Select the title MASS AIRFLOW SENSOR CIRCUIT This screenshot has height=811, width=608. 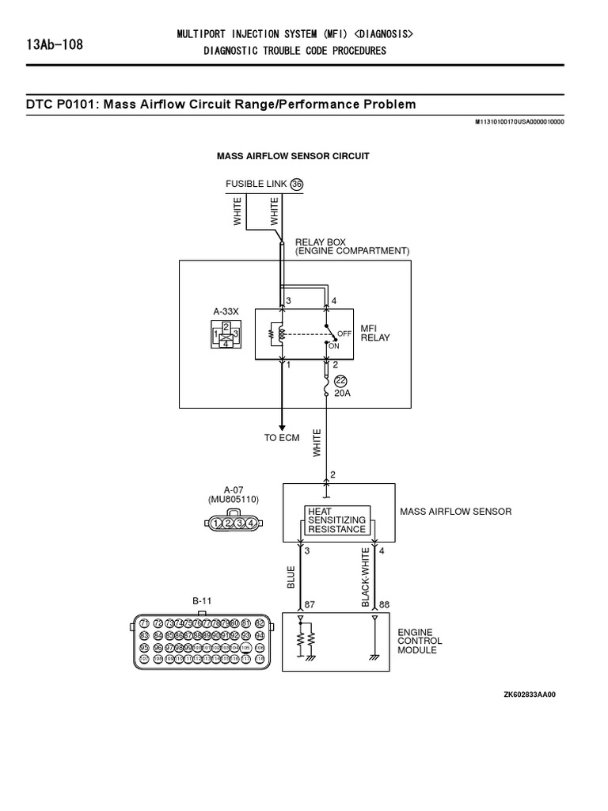tap(293, 156)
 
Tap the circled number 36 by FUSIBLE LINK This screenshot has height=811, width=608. tap(297, 184)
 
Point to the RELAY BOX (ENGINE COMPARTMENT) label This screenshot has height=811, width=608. tap(351, 246)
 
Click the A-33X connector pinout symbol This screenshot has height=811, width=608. tap(226, 335)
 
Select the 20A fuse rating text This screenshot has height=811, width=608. tap(343, 392)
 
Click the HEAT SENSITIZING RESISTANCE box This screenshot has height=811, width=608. tap(337, 520)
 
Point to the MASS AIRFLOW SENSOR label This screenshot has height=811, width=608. tap(455, 512)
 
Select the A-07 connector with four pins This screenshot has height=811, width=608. tap(230, 522)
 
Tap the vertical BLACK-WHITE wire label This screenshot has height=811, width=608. tap(366, 577)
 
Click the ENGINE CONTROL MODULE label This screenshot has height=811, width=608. tap(420, 641)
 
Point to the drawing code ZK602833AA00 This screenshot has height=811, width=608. tap(530, 695)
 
